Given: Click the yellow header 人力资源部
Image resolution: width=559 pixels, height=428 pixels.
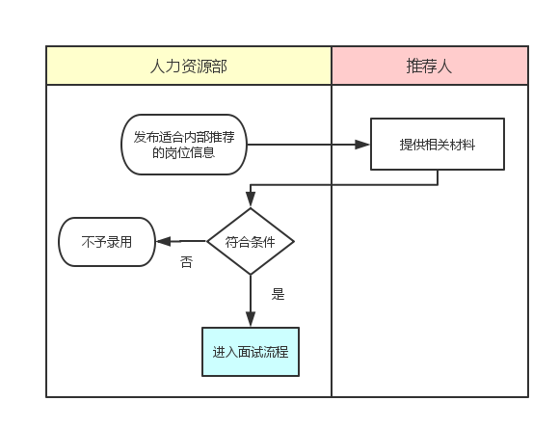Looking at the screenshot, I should pos(189,66).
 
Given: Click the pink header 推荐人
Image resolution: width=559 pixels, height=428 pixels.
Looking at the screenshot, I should pos(430,66).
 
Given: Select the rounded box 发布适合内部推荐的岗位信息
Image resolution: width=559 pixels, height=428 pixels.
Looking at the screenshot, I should pos(183,145).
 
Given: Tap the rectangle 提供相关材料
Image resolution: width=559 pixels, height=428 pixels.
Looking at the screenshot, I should pos(438,145).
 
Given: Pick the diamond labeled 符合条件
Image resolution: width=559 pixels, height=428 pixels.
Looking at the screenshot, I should pos(251,241).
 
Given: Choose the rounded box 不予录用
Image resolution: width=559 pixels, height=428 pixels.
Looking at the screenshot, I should pos(106,241).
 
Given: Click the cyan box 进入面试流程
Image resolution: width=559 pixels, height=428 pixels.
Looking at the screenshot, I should pos(251,353).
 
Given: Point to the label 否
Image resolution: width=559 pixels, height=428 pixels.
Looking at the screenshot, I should pos(186,262).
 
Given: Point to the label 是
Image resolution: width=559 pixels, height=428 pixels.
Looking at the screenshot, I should pos(278,295).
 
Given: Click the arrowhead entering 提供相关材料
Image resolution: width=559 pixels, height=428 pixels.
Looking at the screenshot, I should pos(363,145).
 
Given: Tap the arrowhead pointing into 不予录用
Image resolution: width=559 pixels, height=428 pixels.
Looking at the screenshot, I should pos(164,241).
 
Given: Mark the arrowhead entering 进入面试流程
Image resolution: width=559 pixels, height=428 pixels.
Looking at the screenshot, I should pos(251,319).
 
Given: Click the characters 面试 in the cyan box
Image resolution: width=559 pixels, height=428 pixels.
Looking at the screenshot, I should pos(251,353).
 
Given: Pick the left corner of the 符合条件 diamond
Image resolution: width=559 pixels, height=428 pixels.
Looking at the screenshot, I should pos(209,241).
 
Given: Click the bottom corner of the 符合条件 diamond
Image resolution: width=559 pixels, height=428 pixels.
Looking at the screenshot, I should pos(251,275).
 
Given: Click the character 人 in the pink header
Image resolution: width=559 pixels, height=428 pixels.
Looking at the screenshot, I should pos(445,66).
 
